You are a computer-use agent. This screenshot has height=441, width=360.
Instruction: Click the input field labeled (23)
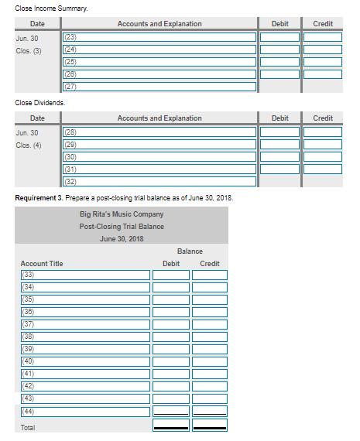click(159, 37)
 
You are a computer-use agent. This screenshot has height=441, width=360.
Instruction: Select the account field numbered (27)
click(159, 87)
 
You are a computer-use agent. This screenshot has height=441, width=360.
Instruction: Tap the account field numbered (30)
click(159, 156)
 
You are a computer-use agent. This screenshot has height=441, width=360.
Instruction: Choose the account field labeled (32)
click(159, 181)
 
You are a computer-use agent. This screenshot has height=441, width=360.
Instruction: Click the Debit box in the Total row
click(170, 426)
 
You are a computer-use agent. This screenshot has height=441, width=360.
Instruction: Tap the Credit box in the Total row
click(210, 426)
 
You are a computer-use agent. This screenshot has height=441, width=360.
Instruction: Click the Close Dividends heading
click(40, 102)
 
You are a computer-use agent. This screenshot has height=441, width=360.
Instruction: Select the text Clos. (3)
click(29, 51)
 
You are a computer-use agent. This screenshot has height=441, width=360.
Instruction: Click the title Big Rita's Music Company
click(122, 214)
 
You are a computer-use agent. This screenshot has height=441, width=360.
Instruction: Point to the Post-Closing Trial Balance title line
click(122, 227)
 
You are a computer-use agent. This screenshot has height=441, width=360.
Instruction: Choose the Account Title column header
click(42, 264)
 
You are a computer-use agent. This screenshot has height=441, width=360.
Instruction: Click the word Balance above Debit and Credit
click(190, 251)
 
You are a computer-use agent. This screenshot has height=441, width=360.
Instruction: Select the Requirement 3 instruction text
click(124, 198)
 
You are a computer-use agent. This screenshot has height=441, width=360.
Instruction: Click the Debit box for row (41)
click(170, 374)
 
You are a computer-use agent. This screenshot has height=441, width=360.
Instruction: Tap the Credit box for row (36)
click(210, 312)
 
